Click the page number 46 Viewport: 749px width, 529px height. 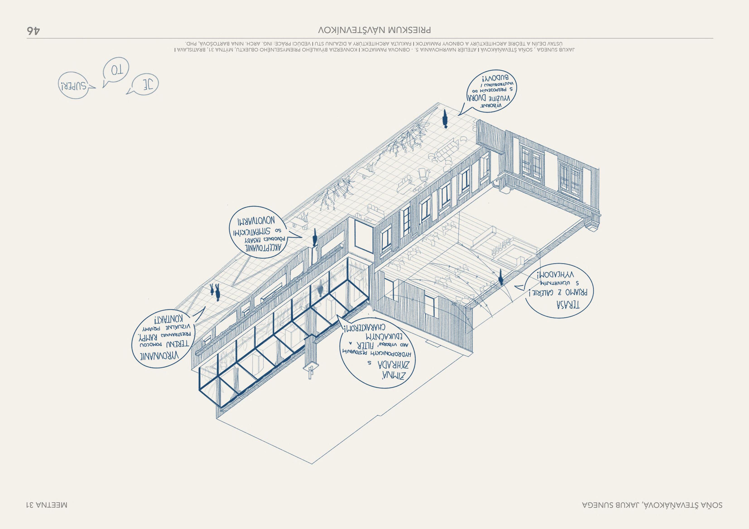34,31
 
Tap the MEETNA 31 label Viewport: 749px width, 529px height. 47,505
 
